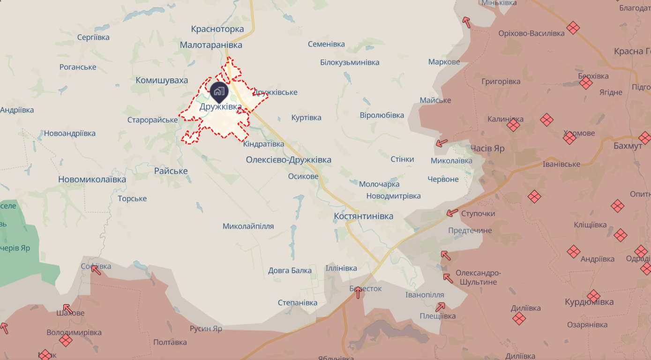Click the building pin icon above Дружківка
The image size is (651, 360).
219,91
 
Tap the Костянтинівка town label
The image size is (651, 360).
363,216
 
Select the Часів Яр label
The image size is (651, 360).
487,148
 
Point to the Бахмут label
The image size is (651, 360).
628,146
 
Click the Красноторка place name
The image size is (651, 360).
217,29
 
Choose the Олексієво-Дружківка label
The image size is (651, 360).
288,160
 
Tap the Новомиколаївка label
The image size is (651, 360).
92,180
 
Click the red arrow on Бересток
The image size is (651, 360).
358,292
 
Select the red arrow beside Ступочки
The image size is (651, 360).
452,213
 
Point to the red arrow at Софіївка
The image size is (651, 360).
96,270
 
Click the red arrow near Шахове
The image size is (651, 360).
68,308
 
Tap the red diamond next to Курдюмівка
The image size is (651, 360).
593,296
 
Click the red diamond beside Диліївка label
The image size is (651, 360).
519,319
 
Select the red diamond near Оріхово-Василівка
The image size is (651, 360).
573,28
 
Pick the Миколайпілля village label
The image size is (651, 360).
248,226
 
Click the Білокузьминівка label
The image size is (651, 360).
350,62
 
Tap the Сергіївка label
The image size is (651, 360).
93,37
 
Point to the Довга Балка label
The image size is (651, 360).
290,270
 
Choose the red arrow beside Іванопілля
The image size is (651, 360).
440,307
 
